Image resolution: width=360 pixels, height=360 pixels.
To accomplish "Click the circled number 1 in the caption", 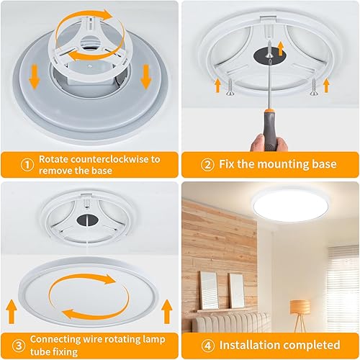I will point(27,164).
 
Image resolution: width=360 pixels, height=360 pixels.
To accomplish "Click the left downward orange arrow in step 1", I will point(32,74).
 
